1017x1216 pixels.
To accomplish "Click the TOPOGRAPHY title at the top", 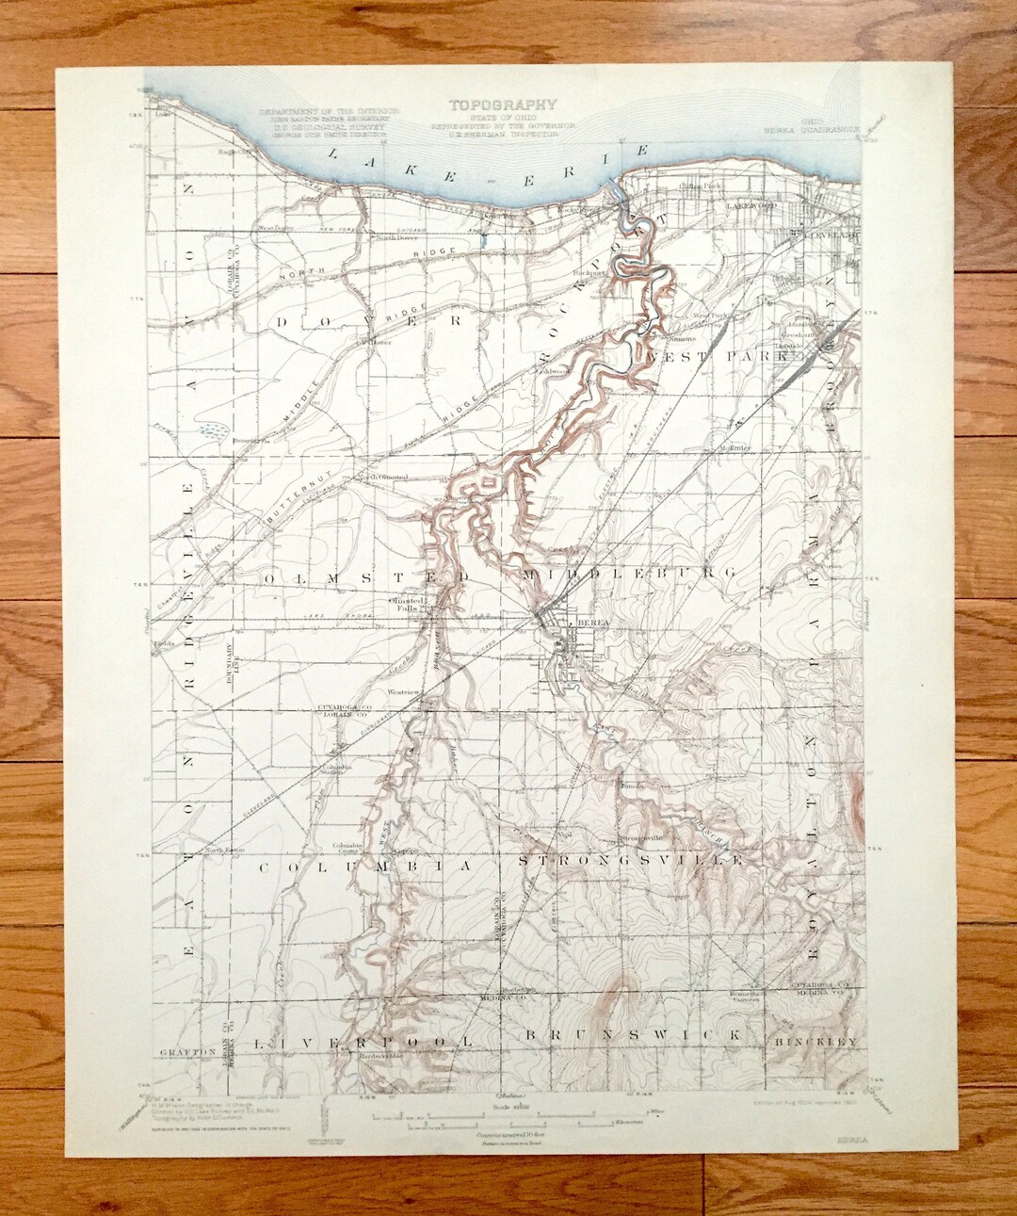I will (502, 105).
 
